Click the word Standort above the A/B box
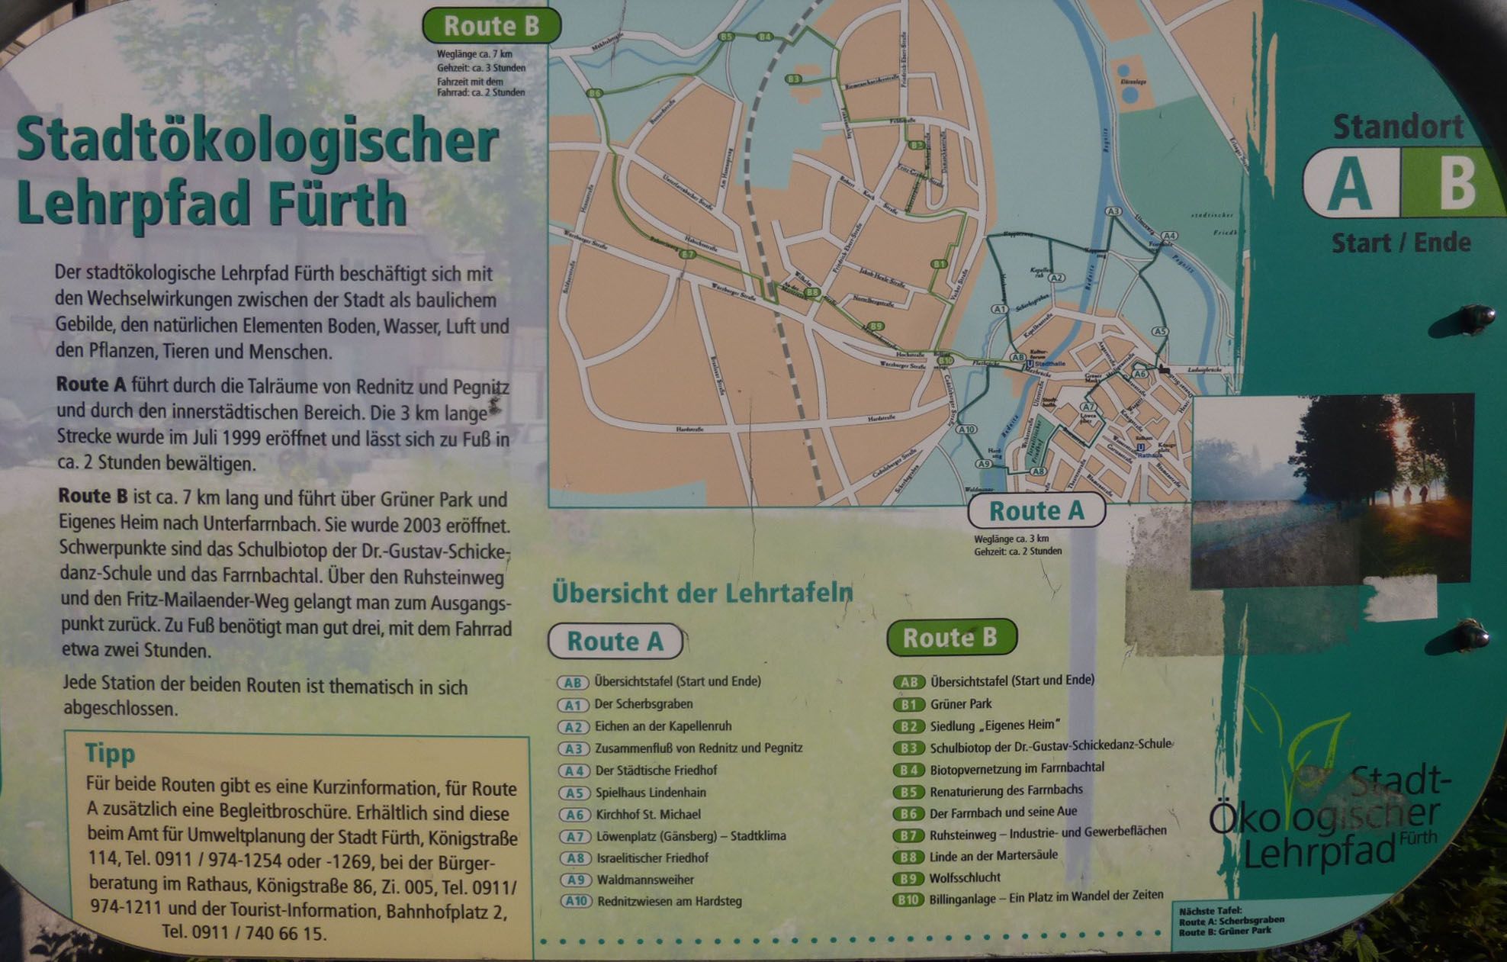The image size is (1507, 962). (x=1398, y=127)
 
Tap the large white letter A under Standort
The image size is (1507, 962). (x=1349, y=184)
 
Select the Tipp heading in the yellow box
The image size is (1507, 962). (x=110, y=753)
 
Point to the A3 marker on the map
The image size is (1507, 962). (x=1113, y=211)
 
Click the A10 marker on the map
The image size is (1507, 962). (x=966, y=430)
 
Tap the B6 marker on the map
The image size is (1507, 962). (x=595, y=93)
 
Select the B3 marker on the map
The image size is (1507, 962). (x=794, y=79)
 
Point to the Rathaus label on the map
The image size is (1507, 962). (x=1149, y=455)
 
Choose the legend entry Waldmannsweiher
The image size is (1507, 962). (x=645, y=880)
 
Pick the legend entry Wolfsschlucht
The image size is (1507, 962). (x=965, y=877)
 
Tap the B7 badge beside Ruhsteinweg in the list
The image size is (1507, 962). (x=908, y=835)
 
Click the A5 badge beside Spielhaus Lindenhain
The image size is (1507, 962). (x=574, y=793)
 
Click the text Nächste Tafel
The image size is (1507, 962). (x=1210, y=910)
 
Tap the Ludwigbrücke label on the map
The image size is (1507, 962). (x=1205, y=370)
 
